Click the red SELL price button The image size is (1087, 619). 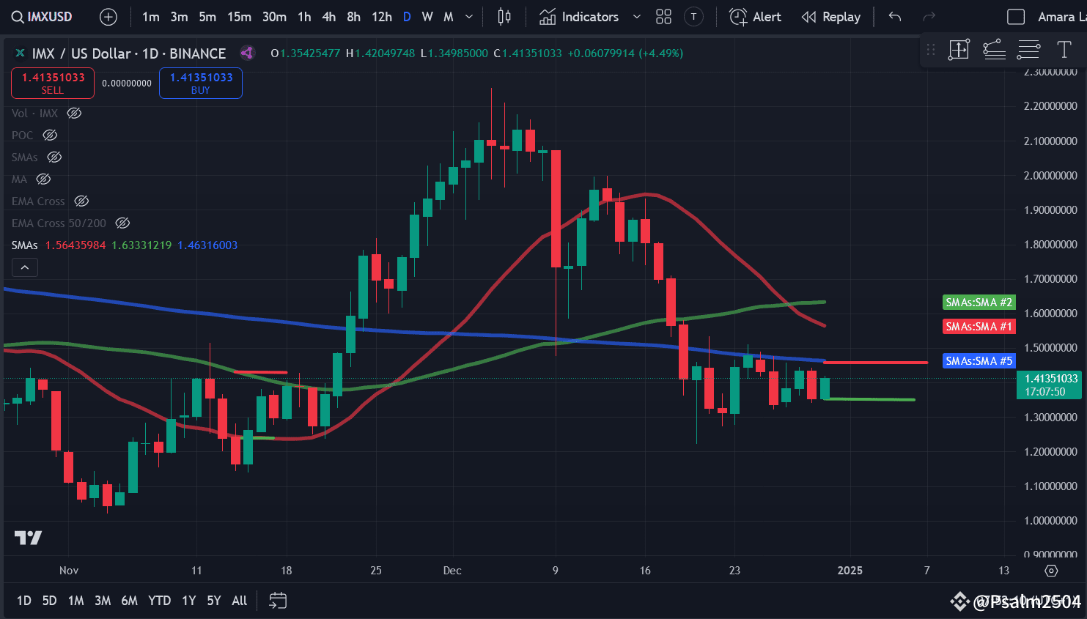point(53,83)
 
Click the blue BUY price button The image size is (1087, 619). point(201,83)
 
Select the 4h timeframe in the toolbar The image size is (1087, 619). point(329,17)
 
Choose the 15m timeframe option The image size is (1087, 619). point(239,17)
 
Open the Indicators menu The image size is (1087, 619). point(580,17)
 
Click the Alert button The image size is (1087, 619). point(756,17)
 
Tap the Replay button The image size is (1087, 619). point(831,17)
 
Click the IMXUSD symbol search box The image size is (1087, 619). point(43,17)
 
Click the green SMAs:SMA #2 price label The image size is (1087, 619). point(979,303)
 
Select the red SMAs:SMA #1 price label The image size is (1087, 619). point(979,327)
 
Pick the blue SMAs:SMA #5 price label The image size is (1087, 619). point(979,361)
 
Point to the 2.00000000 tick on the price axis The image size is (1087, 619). point(1050,176)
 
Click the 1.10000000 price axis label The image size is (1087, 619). point(1050,486)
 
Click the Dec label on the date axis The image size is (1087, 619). point(452,571)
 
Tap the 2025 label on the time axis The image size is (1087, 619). point(850,571)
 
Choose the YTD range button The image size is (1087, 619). point(159,601)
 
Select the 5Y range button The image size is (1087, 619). point(213,601)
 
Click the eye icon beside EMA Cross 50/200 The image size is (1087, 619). point(123,223)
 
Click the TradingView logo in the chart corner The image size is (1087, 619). point(29,538)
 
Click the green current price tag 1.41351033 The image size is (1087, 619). point(1050,385)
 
